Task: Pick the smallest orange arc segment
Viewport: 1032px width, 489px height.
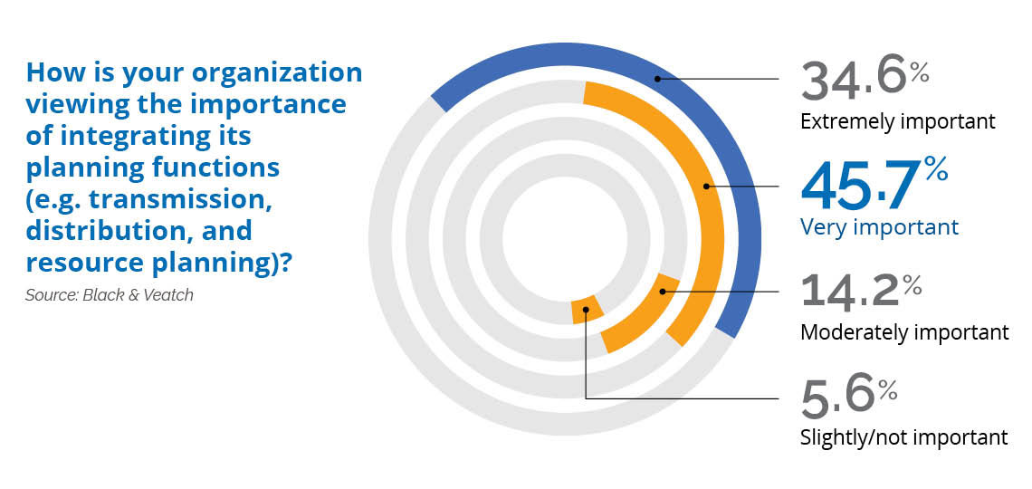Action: pyautogui.click(x=586, y=310)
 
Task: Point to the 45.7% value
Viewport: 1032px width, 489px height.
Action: pyautogui.click(x=874, y=184)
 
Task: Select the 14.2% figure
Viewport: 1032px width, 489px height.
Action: pyautogui.click(x=861, y=292)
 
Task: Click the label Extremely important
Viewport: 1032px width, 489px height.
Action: pyautogui.click(x=898, y=122)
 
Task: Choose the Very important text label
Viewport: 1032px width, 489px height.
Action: pyautogui.click(x=879, y=227)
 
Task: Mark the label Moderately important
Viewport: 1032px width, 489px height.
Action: pyautogui.click(x=904, y=332)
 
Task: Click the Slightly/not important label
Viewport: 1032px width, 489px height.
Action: pyautogui.click(x=903, y=437)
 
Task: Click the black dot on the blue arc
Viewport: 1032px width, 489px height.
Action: pyautogui.click(x=656, y=79)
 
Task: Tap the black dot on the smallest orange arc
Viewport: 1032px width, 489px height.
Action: pyautogui.click(x=585, y=308)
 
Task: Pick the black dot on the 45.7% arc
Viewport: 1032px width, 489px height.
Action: pyautogui.click(x=706, y=187)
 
